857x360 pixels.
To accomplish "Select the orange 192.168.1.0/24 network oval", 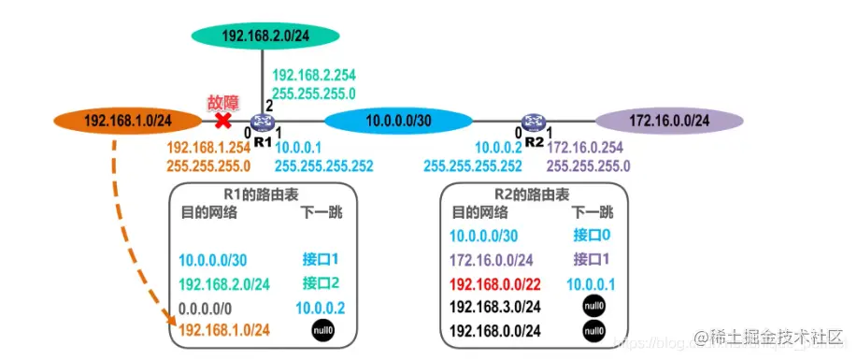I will (x=127, y=121).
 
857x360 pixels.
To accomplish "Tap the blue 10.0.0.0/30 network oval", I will (x=398, y=121).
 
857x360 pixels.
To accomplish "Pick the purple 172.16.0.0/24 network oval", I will (x=669, y=121).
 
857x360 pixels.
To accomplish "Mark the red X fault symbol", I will (x=222, y=121).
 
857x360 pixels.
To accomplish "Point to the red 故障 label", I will (x=222, y=101).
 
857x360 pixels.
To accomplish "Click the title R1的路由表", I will (x=261, y=195).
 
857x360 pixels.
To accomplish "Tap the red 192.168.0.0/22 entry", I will (x=495, y=282).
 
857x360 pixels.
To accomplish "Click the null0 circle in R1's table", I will (x=321, y=330).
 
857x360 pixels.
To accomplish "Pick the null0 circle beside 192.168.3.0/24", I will (x=593, y=306).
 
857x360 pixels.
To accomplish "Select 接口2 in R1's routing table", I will (x=321, y=283).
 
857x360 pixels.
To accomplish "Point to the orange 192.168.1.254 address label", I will (x=208, y=148).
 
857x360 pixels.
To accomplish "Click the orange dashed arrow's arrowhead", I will (x=173, y=325).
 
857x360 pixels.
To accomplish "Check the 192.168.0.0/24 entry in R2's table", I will (x=495, y=330).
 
